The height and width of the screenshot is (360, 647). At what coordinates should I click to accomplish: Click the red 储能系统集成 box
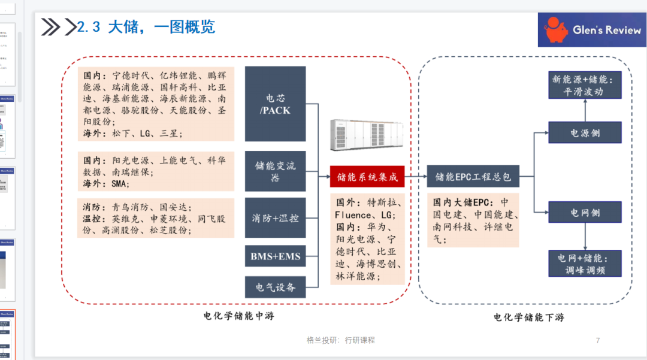367,177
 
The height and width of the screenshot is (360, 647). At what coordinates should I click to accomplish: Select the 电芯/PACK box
276,104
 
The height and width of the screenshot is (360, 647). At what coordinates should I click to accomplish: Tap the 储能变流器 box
276,171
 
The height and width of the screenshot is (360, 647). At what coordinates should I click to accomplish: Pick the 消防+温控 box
276,218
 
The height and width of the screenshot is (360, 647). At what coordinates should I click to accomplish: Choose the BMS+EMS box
276,258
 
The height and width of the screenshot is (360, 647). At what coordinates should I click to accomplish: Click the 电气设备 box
276,287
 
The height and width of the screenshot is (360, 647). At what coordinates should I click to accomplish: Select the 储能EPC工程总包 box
473,177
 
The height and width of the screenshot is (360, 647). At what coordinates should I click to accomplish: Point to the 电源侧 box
585,132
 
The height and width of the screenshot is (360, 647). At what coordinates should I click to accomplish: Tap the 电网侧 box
585,213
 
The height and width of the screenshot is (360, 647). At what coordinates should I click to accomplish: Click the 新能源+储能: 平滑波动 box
585,85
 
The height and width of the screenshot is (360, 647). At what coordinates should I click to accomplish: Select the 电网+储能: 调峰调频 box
585,264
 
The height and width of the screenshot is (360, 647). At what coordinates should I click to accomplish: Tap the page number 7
597,340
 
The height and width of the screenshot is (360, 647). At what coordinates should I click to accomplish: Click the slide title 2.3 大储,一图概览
146,27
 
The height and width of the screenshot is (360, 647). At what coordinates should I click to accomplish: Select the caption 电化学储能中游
238,316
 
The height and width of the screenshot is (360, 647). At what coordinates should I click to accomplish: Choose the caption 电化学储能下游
528,317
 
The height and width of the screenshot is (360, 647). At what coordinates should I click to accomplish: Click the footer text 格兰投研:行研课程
340,340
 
